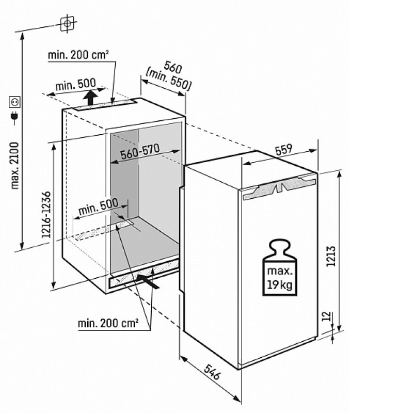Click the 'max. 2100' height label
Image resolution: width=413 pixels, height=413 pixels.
(15, 166)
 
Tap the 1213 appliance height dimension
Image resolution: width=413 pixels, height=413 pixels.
(331, 256)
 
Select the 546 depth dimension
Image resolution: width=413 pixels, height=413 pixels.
(212, 372)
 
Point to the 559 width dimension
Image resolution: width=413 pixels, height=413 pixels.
(283, 149)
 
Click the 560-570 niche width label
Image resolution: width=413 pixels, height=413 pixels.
(140, 152)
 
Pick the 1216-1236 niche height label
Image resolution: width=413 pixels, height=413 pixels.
(46, 215)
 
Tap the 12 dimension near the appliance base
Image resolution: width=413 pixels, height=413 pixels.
(326, 316)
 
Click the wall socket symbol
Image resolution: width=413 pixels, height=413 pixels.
(15, 102)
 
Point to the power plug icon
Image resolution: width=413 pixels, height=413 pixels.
(14, 118)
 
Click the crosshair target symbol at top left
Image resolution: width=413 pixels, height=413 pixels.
(67, 23)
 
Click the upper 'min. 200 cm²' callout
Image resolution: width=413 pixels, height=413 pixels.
(78, 55)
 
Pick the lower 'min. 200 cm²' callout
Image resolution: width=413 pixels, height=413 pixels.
(108, 323)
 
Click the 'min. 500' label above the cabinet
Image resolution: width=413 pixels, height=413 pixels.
(76, 84)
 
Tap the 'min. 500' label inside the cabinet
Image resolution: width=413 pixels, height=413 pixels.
(99, 206)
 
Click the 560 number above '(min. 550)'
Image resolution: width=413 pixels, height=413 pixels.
(173, 67)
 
